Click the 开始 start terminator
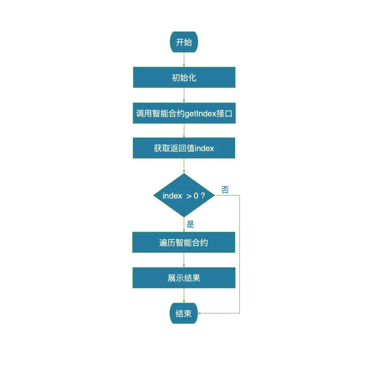click(x=184, y=43)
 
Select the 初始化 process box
click(x=184, y=77)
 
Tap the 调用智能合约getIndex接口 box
click(x=184, y=113)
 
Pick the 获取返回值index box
click(x=184, y=148)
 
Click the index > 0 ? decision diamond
click(x=184, y=196)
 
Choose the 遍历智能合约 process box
click(x=184, y=243)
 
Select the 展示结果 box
click(x=184, y=278)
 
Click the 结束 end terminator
click(x=184, y=313)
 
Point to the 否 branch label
click(x=225, y=190)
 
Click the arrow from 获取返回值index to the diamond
click(x=184, y=166)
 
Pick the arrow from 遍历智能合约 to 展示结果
click(x=184, y=260)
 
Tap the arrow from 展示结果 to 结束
click(x=184, y=295)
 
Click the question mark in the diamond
click(x=203, y=196)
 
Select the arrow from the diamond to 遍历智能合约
click(x=184, y=225)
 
